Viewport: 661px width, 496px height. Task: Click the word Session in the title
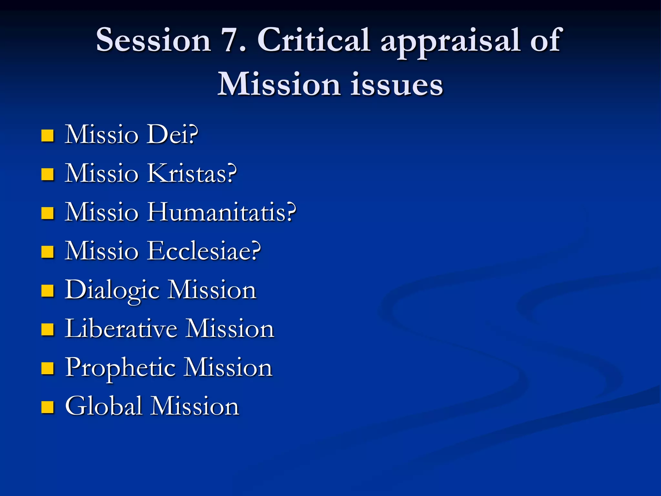point(153,40)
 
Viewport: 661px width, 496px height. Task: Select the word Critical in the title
point(313,40)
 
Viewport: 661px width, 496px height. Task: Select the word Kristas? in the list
point(192,173)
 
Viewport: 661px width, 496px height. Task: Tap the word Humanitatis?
point(221,212)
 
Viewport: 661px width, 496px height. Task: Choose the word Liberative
point(121,329)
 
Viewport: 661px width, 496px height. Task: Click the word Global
point(103,406)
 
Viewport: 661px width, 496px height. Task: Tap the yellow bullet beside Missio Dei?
point(47,136)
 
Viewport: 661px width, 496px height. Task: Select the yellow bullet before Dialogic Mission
point(47,291)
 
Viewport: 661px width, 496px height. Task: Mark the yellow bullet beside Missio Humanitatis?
point(47,213)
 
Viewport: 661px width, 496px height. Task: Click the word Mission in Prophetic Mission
point(228,367)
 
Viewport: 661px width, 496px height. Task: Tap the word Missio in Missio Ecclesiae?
point(102,251)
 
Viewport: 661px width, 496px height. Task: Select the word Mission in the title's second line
point(279,85)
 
